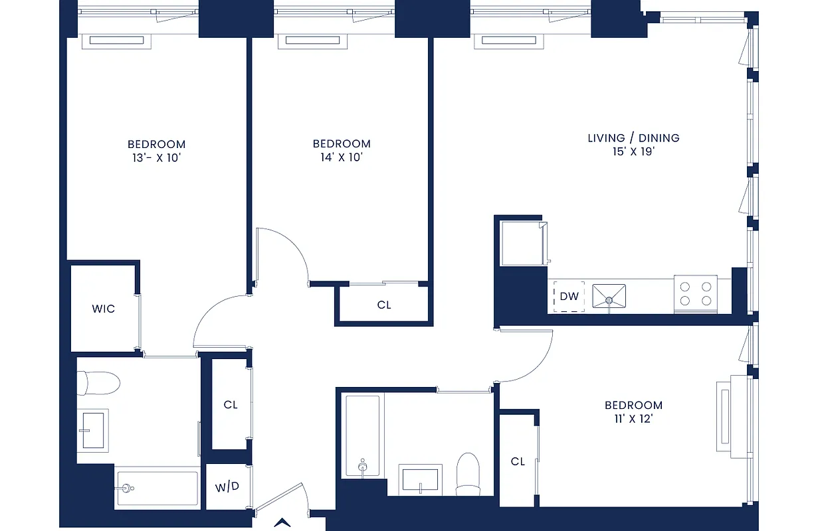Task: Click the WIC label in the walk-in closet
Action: coord(103,309)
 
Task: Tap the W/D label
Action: coord(227,487)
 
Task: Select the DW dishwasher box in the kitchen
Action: coord(569,297)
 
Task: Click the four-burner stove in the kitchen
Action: coord(695,295)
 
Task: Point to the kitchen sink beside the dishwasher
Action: coord(609,296)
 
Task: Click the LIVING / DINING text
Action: coord(633,138)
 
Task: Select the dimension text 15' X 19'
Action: coord(633,152)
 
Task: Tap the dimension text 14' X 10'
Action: coord(341,158)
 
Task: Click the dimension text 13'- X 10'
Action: coord(156,158)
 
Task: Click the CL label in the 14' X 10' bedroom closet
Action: coord(384,305)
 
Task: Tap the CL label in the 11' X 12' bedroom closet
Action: coord(518,461)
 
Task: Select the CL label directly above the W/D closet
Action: coord(230,404)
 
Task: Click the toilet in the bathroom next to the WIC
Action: coord(98,383)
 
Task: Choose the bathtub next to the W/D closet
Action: coord(157,489)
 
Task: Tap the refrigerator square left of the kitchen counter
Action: coord(522,243)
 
